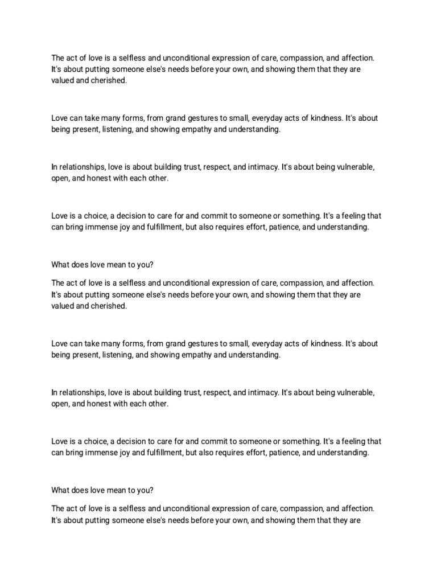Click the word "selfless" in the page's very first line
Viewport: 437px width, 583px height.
[126, 58]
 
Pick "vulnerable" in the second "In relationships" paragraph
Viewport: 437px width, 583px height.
[355, 393]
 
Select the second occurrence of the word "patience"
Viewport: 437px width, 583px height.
[282, 453]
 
